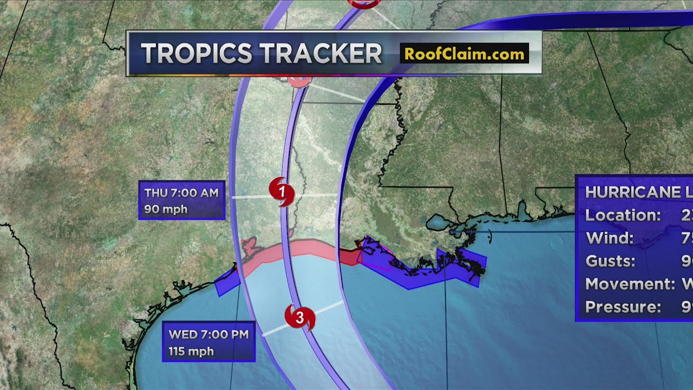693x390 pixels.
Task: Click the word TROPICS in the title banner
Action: click(x=197, y=54)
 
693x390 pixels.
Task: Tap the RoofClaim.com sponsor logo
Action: click(x=464, y=54)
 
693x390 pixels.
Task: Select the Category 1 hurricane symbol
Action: click(x=282, y=191)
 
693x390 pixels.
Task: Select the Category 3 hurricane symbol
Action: click(x=299, y=317)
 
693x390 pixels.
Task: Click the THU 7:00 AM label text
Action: click(x=181, y=193)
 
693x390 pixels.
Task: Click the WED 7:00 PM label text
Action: click(x=208, y=334)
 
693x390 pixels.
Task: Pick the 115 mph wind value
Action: click(x=191, y=352)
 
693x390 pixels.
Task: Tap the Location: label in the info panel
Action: click(x=623, y=215)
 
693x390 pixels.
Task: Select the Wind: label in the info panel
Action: click(x=609, y=238)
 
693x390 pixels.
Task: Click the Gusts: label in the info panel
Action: click(x=610, y=261)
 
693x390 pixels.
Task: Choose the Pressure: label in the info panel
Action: click(x=623, y=307)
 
